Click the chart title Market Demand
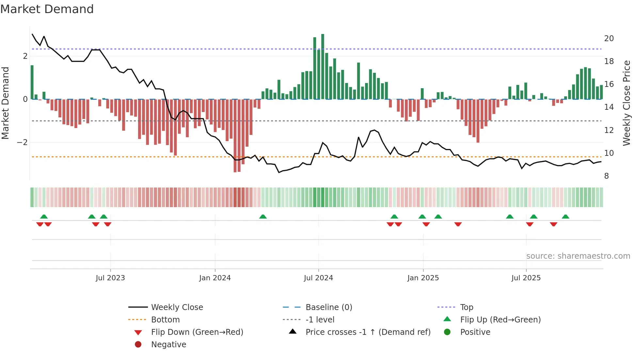[47, 9]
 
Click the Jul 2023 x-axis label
[110, 278]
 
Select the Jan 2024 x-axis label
[215, 278]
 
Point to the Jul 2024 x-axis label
[318, 278]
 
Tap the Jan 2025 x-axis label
[423, 278]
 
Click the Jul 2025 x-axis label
[526, 278]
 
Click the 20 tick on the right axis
[609, 39]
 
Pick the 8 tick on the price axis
[606, 176]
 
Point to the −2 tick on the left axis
[22, 142]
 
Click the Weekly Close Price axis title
[626, 103]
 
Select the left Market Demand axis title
[5, 103]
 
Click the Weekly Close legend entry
[177, 307]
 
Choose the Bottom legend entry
[165, 320]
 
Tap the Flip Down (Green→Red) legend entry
[197, 332]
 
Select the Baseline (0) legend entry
[328, 307]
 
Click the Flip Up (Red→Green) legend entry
[500, 320]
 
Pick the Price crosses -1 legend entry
[368, 332]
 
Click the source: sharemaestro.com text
[578, 256]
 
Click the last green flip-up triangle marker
[566, 217]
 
